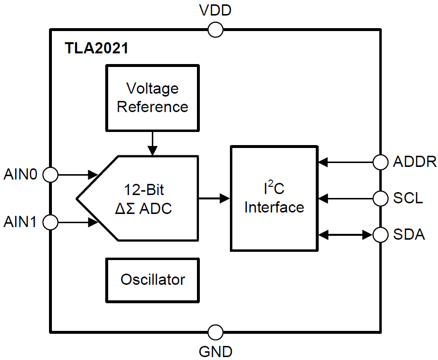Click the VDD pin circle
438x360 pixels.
[x=215, y=30]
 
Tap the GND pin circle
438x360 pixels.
[x=215, y=332]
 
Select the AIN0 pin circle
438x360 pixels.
[x=50, y=174]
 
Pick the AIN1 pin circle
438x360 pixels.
[x=50, y=223]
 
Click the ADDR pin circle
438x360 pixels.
[x=380, y=162]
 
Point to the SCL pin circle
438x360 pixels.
[x=380, y=198]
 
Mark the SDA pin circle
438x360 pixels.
[x=380, y=235]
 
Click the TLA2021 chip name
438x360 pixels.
[x=96, y=49]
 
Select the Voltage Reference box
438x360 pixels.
[x=152, y=98]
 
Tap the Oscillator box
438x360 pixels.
[x=152, y=280]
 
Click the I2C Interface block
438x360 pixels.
[x=274, y=198]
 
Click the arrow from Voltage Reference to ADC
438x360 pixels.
[x=152, y=143]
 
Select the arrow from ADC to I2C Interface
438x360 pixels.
[x=214, y=198]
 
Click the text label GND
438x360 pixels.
[x=215, y=351]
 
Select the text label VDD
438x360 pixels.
[x=215, y=10]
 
